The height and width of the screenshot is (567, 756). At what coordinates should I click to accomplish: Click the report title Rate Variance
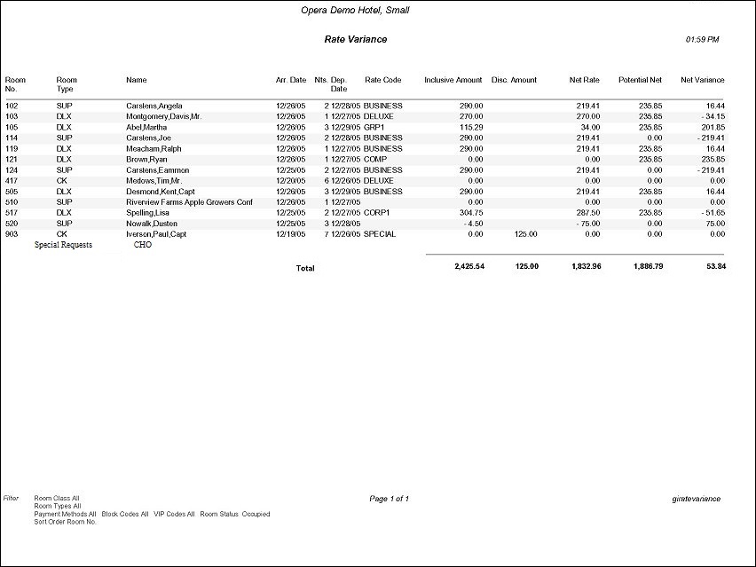[355, 40]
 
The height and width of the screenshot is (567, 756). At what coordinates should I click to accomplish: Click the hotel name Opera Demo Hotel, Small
[355, 11]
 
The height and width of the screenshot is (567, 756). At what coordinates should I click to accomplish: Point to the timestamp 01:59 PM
[703, 40]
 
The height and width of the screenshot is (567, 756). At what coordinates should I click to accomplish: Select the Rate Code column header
[382, 80]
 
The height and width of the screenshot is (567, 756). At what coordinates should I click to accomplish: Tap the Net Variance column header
[703, 80]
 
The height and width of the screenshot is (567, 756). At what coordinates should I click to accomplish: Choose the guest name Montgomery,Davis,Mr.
[164, 116]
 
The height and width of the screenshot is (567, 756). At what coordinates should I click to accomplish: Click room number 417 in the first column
[12, 180]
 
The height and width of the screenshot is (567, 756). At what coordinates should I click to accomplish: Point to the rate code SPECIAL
[379, 233]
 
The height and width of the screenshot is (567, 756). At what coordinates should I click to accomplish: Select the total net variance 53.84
[715, 267]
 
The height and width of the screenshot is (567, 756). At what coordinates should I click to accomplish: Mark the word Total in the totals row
[304, 268]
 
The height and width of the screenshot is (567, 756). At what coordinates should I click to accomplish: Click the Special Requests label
[63, 244]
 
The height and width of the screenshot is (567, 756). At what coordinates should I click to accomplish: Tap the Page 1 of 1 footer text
[389, 499]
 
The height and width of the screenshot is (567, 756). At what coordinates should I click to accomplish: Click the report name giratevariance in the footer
[697, 499]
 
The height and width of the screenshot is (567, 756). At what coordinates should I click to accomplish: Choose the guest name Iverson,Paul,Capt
[156, 233]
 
